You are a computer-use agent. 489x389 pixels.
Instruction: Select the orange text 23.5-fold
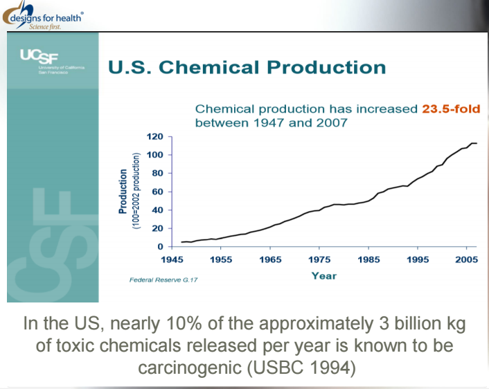[450, 109]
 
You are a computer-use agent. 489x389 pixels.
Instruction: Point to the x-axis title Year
[323, 275]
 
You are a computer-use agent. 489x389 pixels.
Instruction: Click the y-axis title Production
[124, 190]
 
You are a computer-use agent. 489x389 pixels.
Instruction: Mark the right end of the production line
[477, 143]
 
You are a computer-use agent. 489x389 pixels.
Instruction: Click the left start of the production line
[181, 242]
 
